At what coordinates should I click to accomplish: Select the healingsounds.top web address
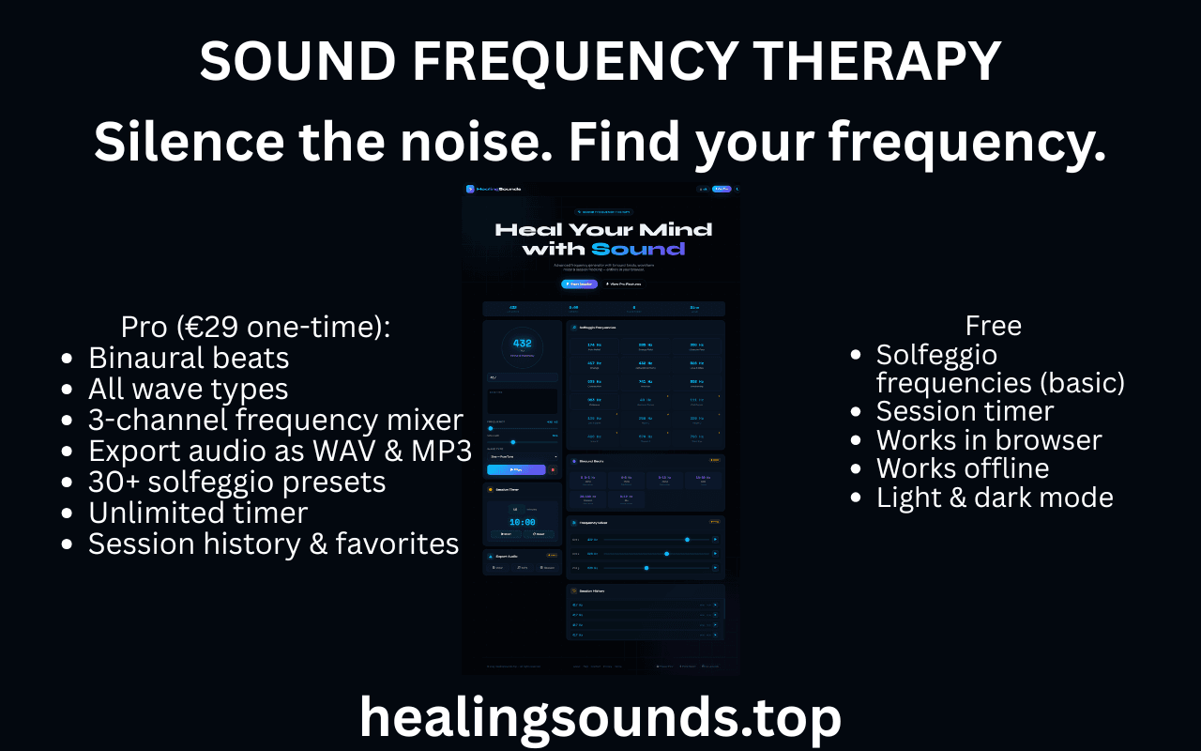pyautogui.click(x=600, y=718)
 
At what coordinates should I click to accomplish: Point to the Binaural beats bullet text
pyautogui.click(x=189, y=358)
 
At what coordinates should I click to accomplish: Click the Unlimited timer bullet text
pyautogui.click(x=198, y=513)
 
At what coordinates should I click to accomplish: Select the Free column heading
pyautogui.click(x=993, y=326)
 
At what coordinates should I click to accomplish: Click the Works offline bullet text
pyautogui.click(x=963, y=467)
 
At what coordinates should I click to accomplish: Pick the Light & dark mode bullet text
pyautogui.click(x=995, y=498)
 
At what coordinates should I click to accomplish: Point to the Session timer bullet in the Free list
pyautogui.click(x=965, y=411)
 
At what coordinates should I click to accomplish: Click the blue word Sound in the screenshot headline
pyautogui.click(x=638, y=249)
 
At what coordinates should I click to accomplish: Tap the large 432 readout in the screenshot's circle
pyautogui.click(x=522, y=344)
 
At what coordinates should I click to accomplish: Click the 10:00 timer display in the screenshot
pyautogui.click(x=522, y=522)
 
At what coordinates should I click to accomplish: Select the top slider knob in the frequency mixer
pyautogui.click(x=687, y=540)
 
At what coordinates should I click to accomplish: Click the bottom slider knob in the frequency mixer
pyautogui.click(x=646, y=568)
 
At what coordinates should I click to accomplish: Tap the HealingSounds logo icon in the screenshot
pyautogui.click(x=470, y=189)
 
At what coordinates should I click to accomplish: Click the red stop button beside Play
pyautogui.click(x=553, y=469)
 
